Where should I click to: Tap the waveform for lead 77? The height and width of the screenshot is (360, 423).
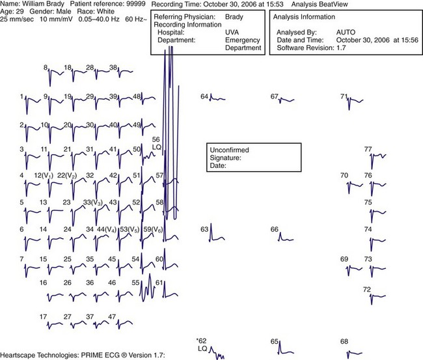coord(377,156)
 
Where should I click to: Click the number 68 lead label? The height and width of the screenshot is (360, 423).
coord(344,341)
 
